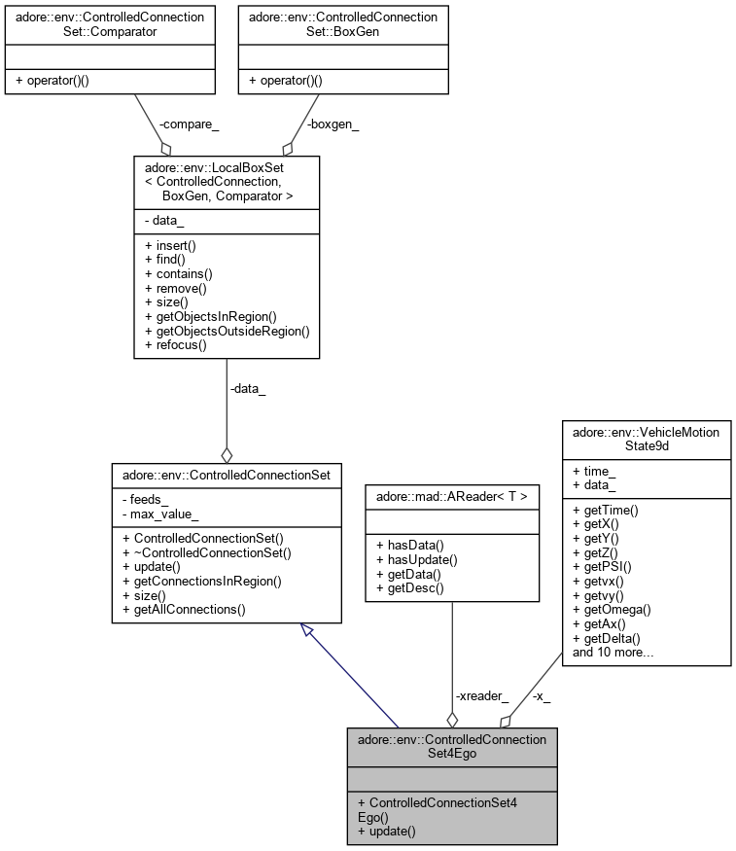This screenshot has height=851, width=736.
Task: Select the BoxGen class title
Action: [343, 24]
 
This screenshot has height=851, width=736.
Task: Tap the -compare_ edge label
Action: [182, 124]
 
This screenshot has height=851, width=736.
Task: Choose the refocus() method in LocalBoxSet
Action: [173, 344]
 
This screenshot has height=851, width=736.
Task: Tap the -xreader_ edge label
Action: [481, 696]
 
